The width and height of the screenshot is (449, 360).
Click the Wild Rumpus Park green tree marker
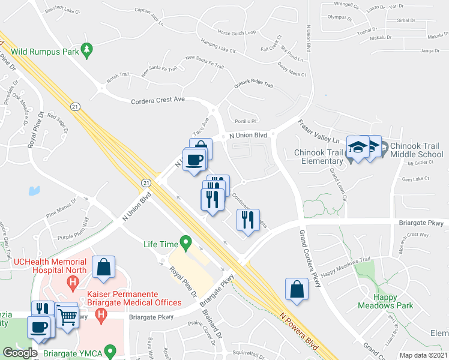pos(88,52)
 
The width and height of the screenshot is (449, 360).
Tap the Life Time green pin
pos(186,244)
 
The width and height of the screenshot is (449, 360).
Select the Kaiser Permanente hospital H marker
pos(101,313)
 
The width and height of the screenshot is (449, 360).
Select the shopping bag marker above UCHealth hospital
pos(104,267)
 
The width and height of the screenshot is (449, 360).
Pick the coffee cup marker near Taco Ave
pos(194,160)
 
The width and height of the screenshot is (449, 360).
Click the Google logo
pos(20,352)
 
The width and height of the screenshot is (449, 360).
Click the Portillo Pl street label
pos(246,121)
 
